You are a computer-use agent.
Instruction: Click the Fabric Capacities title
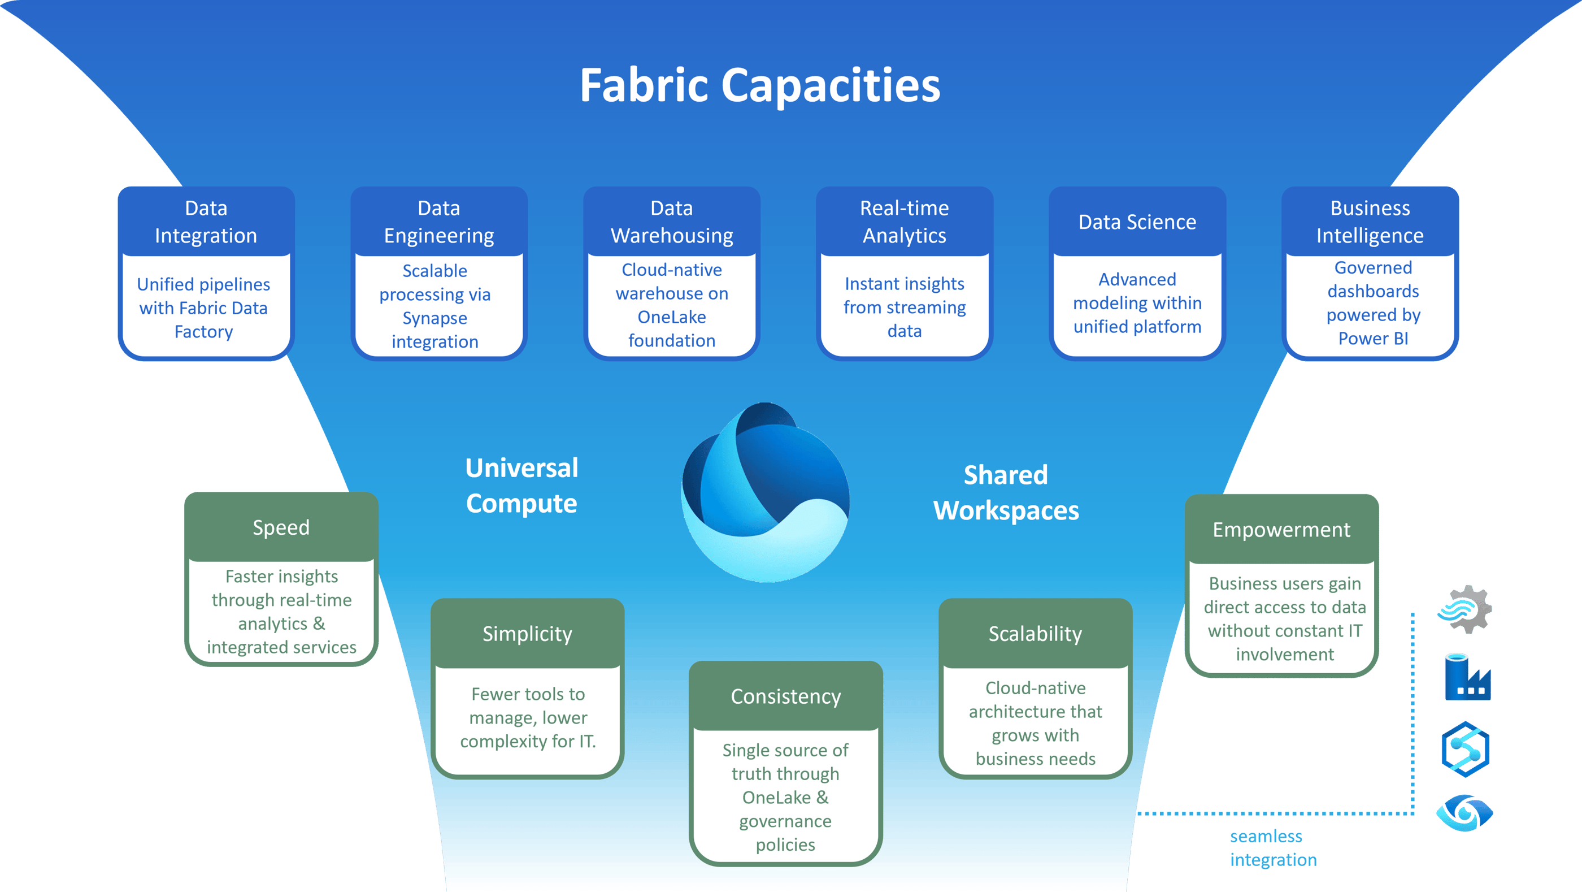point(760,85)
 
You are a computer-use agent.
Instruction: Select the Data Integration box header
point(206,222)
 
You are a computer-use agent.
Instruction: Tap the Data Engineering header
point(438,222)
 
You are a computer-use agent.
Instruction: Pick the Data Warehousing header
point(671,222)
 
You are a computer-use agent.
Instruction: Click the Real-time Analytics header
point(904,222)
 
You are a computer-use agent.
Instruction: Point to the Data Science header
point(1137,222)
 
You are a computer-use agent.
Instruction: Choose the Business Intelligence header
point(1370,222)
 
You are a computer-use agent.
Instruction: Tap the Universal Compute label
point(521,486)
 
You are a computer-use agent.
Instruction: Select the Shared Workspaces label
point(1006,493)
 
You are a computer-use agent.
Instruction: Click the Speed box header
point(281,527)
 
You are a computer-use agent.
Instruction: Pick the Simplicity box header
point(527,633)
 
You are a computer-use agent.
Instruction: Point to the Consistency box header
point(785,696)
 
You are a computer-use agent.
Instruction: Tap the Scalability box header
point(1035,633)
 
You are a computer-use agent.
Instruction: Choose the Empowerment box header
point(1281,530)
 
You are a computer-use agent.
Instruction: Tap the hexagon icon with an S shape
point(1465,750)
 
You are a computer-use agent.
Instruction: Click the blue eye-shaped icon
point(1464,813)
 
